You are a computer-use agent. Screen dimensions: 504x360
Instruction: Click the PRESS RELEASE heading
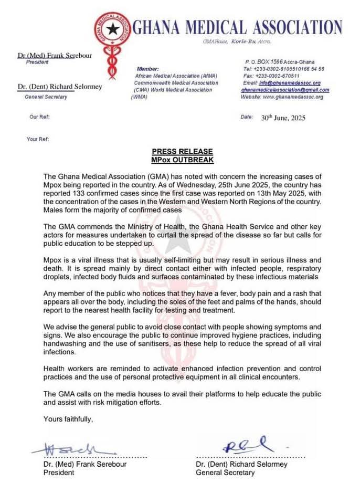tap(179, 151)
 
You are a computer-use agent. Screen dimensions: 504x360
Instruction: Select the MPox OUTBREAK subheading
tap(179, 159)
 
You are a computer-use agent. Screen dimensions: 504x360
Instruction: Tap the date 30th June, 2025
tap(283, 118)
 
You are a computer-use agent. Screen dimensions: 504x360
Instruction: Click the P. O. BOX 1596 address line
tap(284, 62)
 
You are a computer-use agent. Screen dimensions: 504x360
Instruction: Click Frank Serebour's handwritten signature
tap(73, 449)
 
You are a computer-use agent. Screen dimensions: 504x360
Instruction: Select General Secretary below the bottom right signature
tap(225, 472)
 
